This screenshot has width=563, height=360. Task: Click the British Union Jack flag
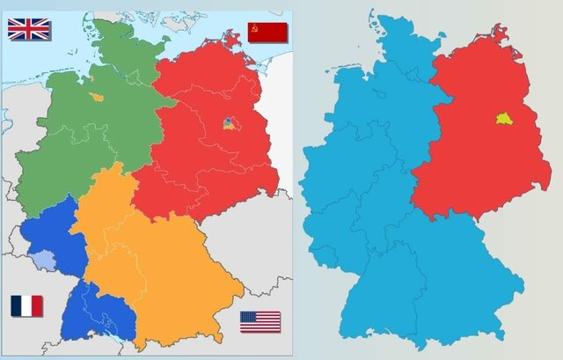tap(29, 29)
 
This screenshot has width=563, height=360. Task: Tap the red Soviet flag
tap(267, 33)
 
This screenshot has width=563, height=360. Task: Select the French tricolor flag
tap(26, 305)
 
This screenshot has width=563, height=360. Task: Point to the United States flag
tap(260, 321)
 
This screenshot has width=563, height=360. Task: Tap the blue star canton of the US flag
tap(249, 316)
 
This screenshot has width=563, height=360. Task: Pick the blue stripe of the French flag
tap(16, 305)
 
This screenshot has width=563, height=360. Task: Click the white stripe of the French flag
tap(26, 305)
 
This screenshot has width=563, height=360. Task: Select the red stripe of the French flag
tap(37, 305)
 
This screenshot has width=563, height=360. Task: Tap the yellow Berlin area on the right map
tap(504, 118)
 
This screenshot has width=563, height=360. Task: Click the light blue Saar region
tap(40, 258)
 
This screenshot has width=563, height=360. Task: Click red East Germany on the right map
tap(475, 158)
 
